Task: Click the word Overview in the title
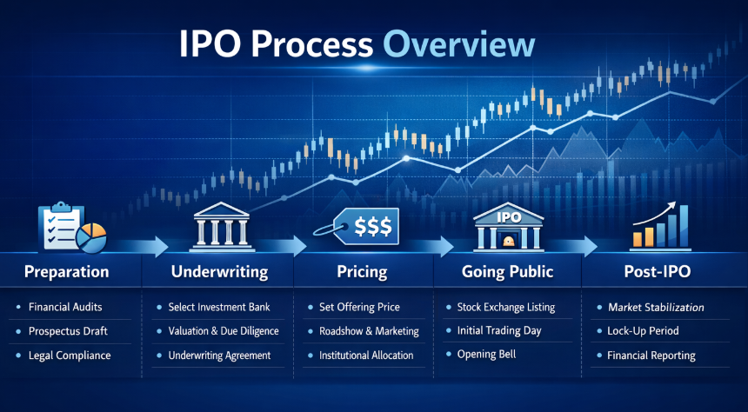[458, 45]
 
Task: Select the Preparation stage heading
[66, 272]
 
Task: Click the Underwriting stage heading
[219, 272]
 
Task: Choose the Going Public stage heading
[508, 272]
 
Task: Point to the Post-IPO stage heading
[656, 272]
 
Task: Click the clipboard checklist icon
[60, 227]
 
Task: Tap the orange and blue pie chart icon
[90, 237]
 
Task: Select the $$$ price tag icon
[357, 226]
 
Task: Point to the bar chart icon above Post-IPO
[661, 226]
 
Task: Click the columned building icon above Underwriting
[221, 227]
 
